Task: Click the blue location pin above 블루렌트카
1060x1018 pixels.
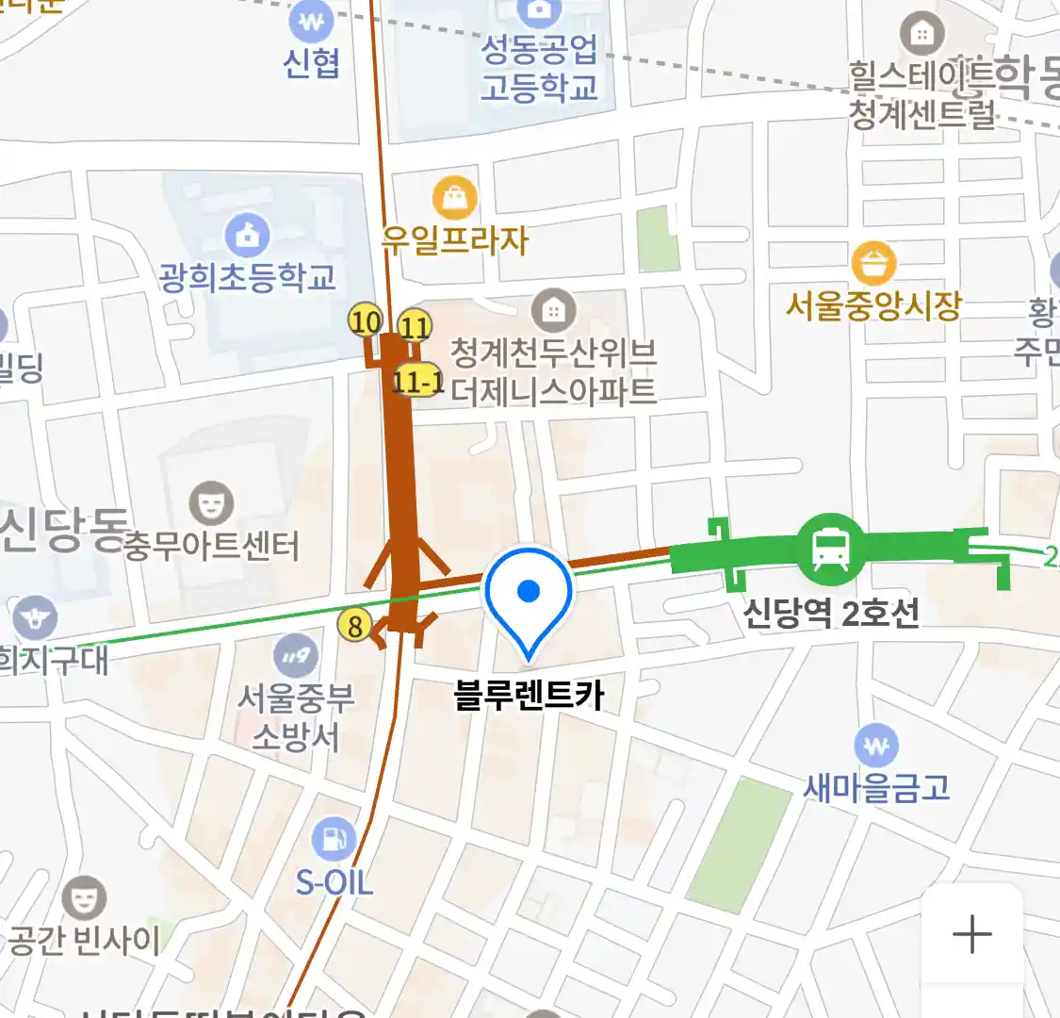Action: pyautogui.click(x=529, y=594)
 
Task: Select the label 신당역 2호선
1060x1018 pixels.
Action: pyautogui.click(x=830, y=614)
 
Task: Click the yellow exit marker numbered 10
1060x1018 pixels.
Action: pyautogui.click(x=366, y=321)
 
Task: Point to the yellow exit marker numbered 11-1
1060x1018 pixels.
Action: pyautogui.click(x=416, y=381)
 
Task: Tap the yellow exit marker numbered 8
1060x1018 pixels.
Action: pyautogui.click(x=355, y=625)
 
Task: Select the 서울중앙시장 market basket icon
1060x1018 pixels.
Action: pyautogui.click(x=873, y=263)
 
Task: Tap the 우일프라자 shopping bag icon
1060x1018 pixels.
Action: pyautogui.click(x=455, y=199)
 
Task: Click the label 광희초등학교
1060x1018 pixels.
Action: pyautogui.click(x=248, y=277)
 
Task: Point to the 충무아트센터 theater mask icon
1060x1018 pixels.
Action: pyautogui.click(x=211, y=503)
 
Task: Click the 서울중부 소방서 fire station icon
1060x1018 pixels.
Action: pyautogui.click(x=295, y=656)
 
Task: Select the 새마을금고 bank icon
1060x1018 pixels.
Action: pyautogui.click(x=875, y=747)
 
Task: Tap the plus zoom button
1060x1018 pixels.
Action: pyautogui.click(x=972, y=935)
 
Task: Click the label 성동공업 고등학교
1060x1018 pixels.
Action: pyautogui.click(x=539, y=68)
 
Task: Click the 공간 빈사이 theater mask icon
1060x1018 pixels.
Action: pyautogui.click(x=84, y=897)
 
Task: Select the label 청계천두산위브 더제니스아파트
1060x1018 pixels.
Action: pyautogui.click(x=553, y=371)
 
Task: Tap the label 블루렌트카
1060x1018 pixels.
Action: pyautogui.click(x=529, y=696)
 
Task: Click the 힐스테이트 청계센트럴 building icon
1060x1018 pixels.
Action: pyautogui.click(x=922, y=35)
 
